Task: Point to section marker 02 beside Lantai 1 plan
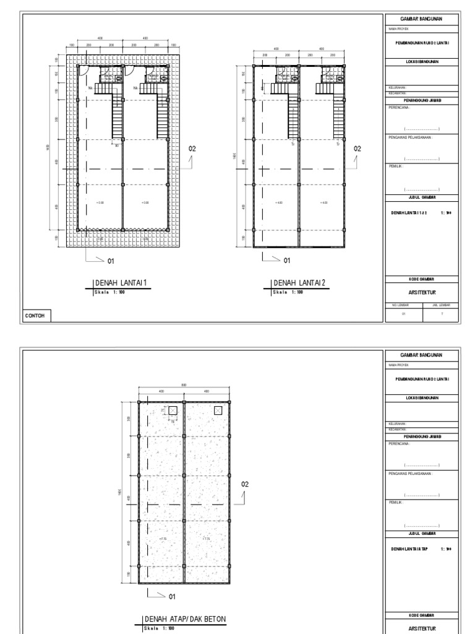coord(192,149)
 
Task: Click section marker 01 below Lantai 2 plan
coord(286,261)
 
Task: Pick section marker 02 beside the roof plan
coord(245,484)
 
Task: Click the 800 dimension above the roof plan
coord(184,385)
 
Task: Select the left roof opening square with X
coord(173,410)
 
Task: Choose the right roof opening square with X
coord(218,410)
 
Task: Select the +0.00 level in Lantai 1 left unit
coord(100,202)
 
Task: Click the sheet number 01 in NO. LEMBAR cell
coord(404,315)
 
